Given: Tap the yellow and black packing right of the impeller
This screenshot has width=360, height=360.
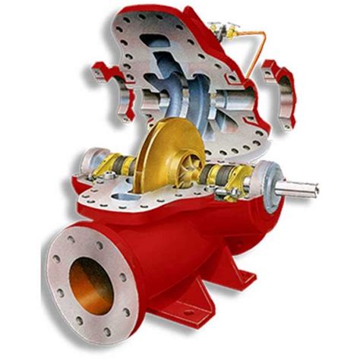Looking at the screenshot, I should [225, 177].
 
